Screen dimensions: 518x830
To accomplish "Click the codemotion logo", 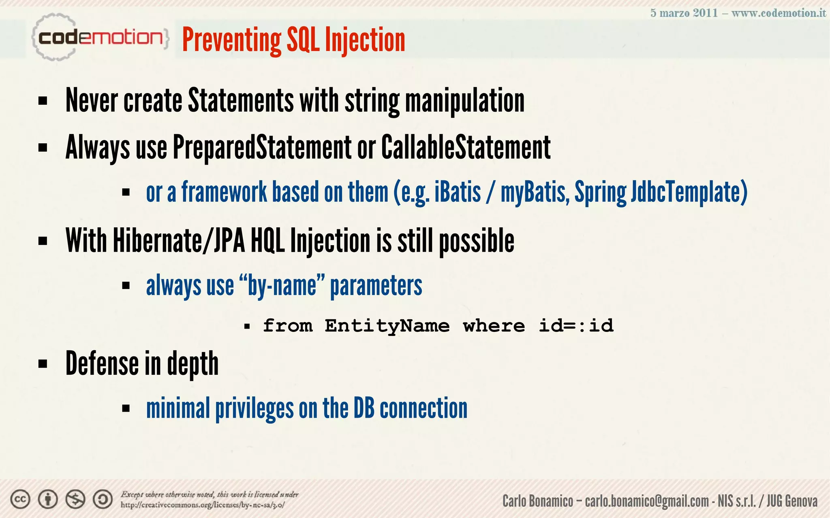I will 100,38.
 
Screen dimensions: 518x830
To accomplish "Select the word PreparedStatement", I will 262,147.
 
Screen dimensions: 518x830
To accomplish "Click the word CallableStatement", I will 466,147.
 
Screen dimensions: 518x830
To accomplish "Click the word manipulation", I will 465,101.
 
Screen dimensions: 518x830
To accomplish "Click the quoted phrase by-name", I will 282,286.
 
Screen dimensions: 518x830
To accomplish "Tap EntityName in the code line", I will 387,326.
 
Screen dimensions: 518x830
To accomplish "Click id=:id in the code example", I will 576,326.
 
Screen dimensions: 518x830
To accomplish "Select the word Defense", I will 102,363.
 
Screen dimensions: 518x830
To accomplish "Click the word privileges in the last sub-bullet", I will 254,409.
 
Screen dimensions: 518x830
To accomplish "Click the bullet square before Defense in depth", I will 43,364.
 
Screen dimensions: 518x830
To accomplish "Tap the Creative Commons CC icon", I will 20,499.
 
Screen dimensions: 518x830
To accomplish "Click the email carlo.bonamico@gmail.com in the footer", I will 647,501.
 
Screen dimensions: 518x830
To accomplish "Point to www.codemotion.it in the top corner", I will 779,13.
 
